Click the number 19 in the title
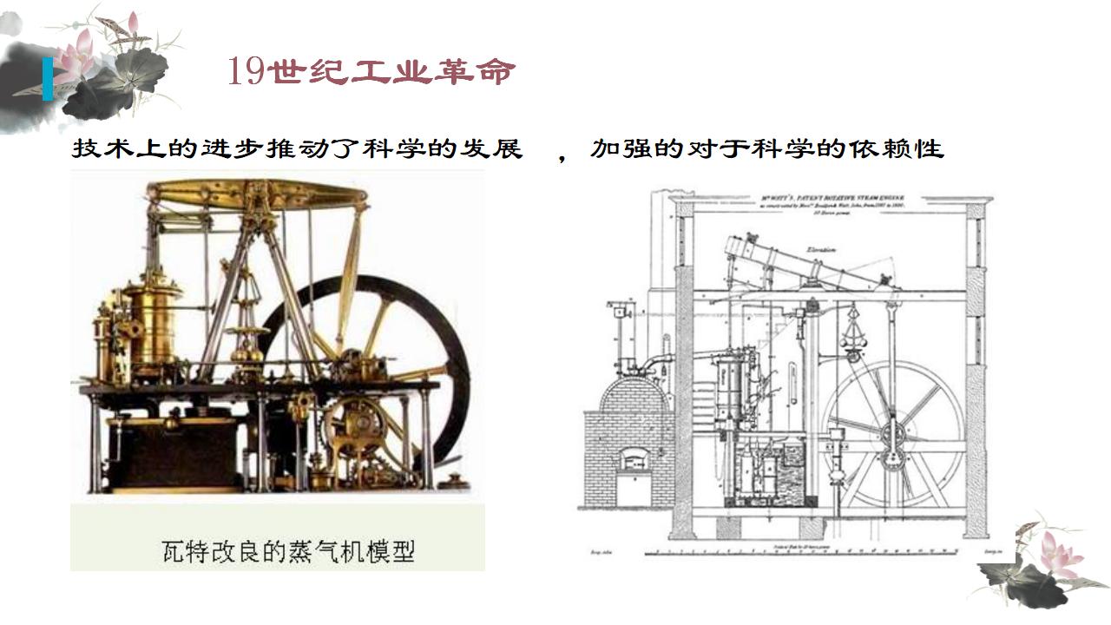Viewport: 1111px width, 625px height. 246,71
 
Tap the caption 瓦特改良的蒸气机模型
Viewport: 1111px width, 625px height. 288,550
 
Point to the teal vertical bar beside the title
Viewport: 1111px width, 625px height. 47,79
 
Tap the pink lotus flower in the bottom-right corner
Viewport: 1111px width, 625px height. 1060,553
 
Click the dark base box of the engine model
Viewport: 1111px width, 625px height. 178,456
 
